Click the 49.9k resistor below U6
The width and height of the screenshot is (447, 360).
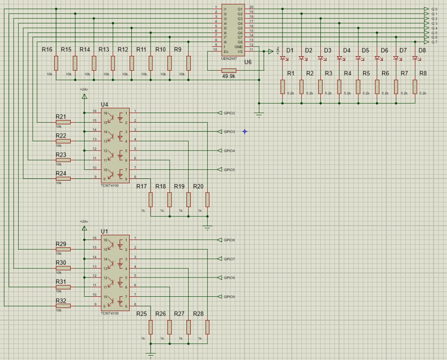click(x=229, y=71)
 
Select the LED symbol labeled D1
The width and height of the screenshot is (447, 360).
click(x=283, y=58)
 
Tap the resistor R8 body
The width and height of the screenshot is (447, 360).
click(x=415, y=87)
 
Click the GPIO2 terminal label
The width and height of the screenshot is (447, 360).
click(x=229, y=113)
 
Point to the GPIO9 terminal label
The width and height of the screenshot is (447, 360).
click(x=229, y=297)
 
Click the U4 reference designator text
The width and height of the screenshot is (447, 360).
click(x=104, y=105)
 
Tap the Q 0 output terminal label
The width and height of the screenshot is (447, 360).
click(x=434, y=9)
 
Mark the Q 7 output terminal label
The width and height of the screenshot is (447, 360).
click(x=434, y=42)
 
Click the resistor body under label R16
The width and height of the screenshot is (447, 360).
click(x=56, y=63)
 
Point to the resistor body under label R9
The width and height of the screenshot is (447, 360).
click(x=189, y=63)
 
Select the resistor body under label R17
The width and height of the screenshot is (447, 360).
click(x=151, y=199)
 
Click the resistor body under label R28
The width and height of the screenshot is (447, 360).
click(x=207, y=327)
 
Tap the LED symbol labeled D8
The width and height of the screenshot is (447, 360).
click(x=415, y=58)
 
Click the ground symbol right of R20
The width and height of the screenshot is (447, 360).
click(x=207, y=227)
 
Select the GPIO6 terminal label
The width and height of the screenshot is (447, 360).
click(x=229, y=240)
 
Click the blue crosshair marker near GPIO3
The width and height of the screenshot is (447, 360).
click(x=245, y=131)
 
